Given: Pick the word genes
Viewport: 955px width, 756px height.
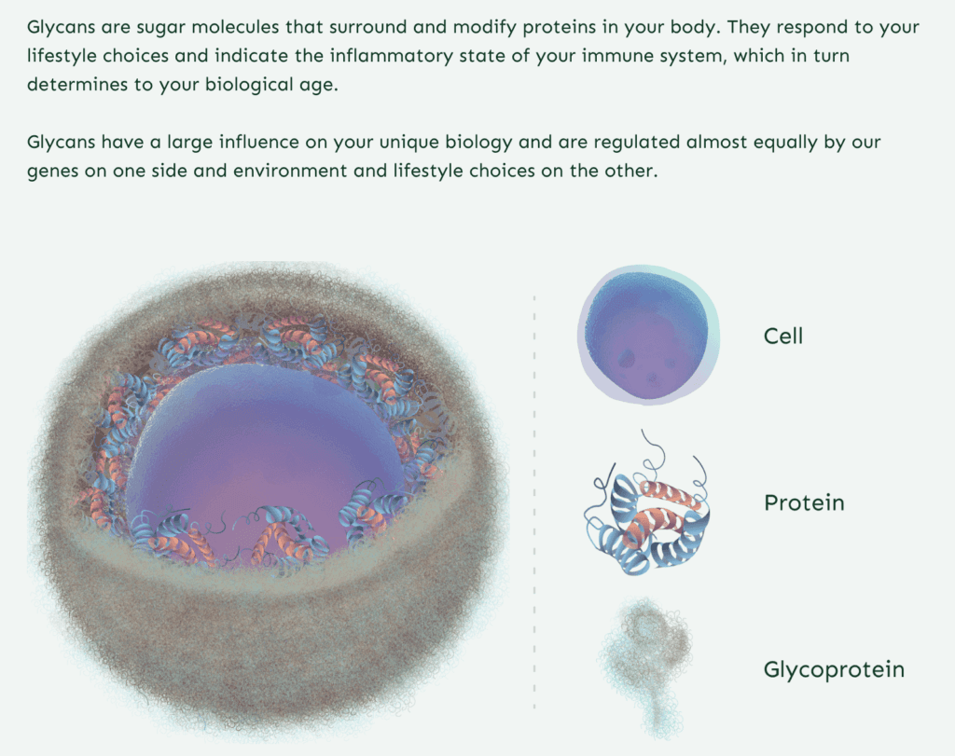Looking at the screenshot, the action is (52, 172).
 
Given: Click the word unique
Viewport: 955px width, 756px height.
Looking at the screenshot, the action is (408, 143).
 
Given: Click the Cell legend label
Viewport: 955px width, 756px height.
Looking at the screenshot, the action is (783, 336).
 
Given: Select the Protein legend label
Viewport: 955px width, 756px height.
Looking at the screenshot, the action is (804, 502).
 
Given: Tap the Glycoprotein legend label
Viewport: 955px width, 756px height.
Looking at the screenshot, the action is (834, 669).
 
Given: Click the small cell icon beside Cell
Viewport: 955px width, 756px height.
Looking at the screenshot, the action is (648, 335).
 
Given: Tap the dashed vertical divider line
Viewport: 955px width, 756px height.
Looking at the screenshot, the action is (534, 502).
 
